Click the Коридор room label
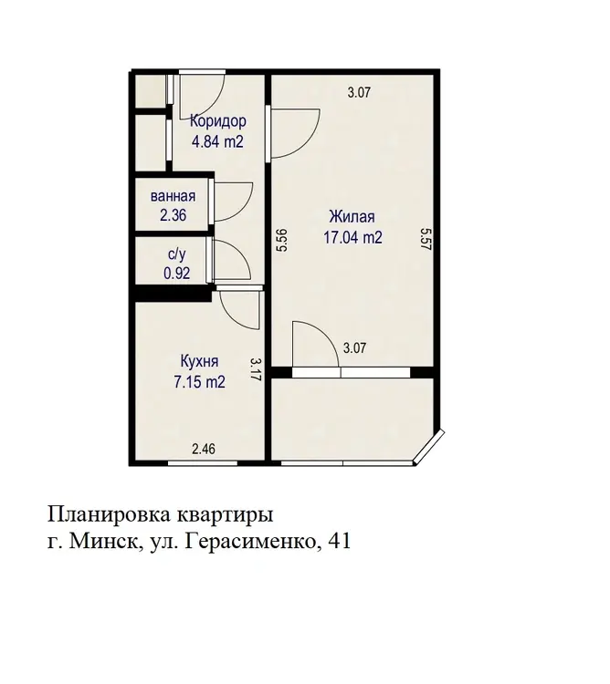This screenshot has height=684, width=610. [218, 120]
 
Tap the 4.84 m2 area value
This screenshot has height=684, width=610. [217, 141]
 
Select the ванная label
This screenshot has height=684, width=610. [173, 196]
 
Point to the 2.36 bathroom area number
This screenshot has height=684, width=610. [174, 215]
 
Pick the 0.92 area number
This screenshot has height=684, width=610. [177, 273]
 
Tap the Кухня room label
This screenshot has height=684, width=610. [200, 361]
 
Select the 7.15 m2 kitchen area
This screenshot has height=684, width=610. [200, 382]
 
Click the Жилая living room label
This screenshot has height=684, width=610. [352, 216]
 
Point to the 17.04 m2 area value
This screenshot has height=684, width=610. [352, 237]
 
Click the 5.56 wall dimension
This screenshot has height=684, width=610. [282, 241]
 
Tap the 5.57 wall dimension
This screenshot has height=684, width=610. [426, 238]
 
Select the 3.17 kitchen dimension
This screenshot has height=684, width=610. [256, 370]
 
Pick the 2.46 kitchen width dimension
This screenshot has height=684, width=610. [204, 449]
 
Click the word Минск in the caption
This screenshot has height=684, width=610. [103, 542]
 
